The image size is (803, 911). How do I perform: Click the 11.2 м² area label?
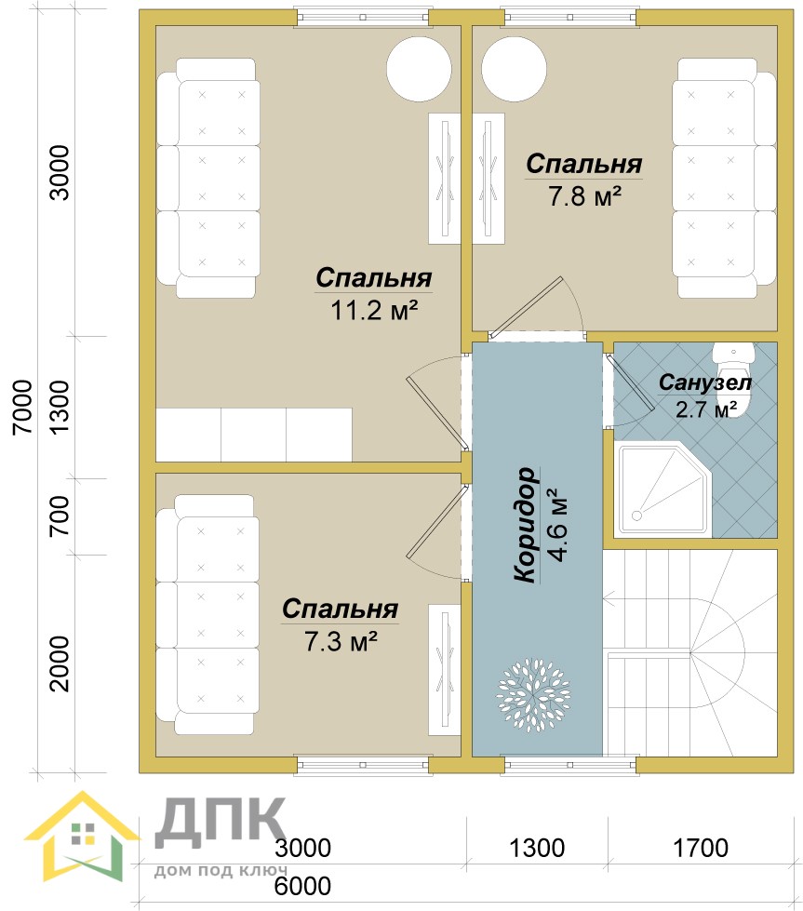(374, 310)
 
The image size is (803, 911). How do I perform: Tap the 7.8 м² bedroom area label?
(584, 196)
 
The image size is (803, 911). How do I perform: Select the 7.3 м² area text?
(341, 641)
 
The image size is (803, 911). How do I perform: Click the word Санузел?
(704, 382)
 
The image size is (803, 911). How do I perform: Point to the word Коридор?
(526, 524)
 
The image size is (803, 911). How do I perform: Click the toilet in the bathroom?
(733, 375)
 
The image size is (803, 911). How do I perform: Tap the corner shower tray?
(663, 490)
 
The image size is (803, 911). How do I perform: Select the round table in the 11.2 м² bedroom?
(419, 68)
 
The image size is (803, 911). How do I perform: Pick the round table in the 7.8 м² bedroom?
(515, 68)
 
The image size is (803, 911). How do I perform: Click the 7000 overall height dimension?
(22, 407)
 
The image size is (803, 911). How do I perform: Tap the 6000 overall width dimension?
(302, 886)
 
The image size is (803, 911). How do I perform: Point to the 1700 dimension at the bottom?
(700, 849)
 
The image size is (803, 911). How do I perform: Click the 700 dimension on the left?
(59, 516)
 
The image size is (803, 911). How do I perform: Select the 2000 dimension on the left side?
(59, 663)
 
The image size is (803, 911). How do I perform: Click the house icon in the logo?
(83, 837)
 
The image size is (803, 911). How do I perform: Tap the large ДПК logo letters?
(221, 821)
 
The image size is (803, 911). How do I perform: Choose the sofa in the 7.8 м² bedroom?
(724, 178)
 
